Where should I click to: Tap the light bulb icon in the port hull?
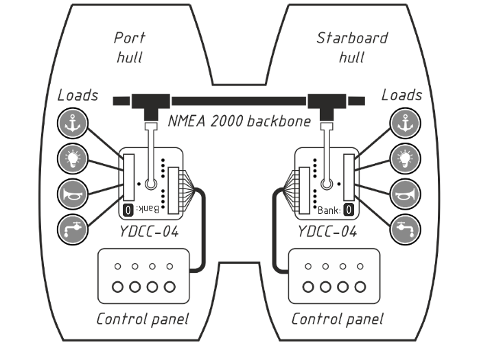(x=72, y=158)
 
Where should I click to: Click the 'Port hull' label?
(x=130, y=47)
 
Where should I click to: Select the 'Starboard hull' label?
(x=351, y=47)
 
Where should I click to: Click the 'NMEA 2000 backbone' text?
(x=239, y=122)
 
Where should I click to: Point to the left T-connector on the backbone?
(x=150, y=104)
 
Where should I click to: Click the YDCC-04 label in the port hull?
(x=150, y=231)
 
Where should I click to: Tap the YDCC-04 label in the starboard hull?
(x=327, y=231)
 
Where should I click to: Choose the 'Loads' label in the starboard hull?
(x=401, y=95)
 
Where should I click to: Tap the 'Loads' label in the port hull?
(x=78, y=95)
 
